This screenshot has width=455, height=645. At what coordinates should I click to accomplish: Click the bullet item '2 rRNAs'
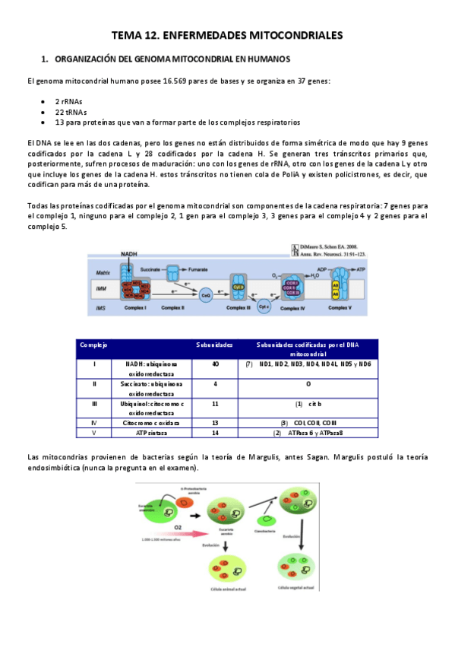click(x=66, y=100)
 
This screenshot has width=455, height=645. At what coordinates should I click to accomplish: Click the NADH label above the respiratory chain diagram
click(x=129, y=254)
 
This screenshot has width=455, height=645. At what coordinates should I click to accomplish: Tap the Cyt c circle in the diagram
click(x=264, y=306)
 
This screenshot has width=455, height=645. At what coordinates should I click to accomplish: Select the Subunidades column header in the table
click(x=214, y=345)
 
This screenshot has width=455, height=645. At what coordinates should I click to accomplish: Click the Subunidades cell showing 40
click(x=214, y=364)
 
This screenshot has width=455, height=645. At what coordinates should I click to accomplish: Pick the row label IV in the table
click(x=94, y=421)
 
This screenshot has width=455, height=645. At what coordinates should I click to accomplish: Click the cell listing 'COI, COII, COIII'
click(x=312, y=421)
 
